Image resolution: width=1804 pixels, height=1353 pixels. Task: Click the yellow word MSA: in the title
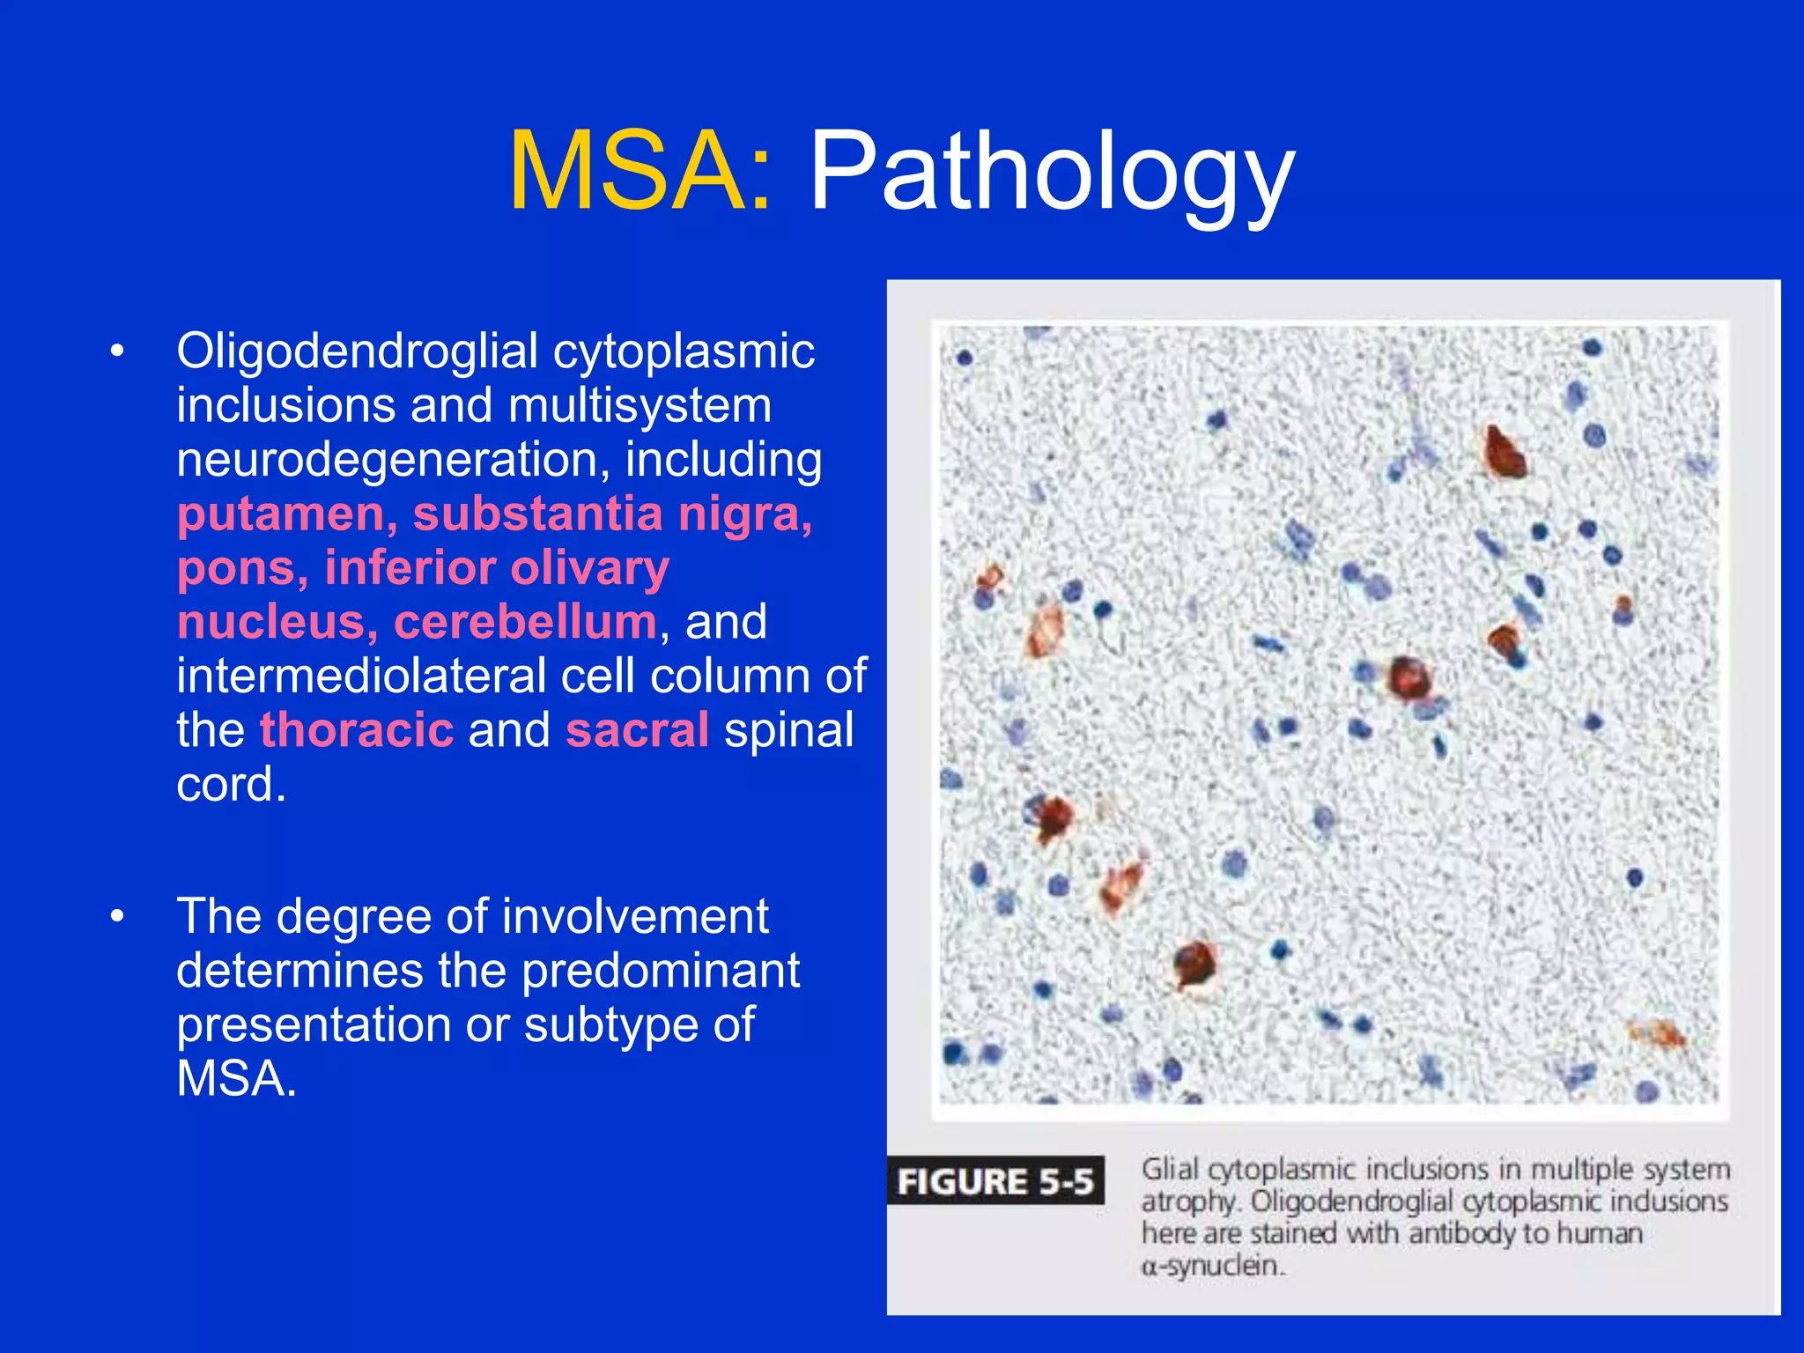point(640,172)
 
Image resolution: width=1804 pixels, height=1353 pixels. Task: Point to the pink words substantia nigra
point(612,514)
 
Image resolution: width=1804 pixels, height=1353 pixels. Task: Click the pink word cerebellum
point(525,623)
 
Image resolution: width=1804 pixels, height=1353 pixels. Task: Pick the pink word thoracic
point(357,731)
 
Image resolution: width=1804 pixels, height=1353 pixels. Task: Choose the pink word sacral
point(637,731)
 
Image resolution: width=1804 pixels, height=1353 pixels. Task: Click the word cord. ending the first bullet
point(231,785)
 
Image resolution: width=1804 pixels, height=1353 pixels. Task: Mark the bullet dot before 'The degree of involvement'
point(117,917)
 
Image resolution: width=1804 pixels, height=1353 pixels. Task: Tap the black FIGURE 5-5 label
point(994,1181)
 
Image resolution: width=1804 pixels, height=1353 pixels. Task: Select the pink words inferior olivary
point(497,568)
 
